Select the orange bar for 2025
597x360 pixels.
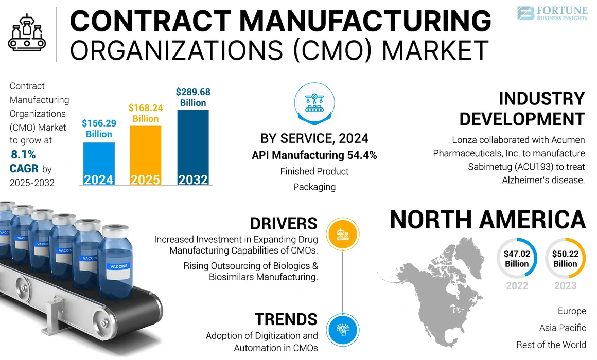(x=145, y=154)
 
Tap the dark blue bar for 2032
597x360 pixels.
(x=193, y=147)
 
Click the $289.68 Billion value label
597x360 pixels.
(x=193, y=97)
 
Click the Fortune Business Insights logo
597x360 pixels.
(x=551, y=13)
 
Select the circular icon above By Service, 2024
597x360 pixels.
(x=314, y=103)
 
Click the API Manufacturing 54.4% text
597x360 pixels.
(x=314, y=155)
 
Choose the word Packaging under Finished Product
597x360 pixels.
(x=314, y=187)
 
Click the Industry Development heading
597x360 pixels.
(x=522, y=109)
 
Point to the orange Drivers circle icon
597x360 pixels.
(x=342, y=234)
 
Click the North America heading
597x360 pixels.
(x=487, y=220)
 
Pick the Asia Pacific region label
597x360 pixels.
(x=563, y=328)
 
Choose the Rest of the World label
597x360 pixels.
(x=551, y=344)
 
